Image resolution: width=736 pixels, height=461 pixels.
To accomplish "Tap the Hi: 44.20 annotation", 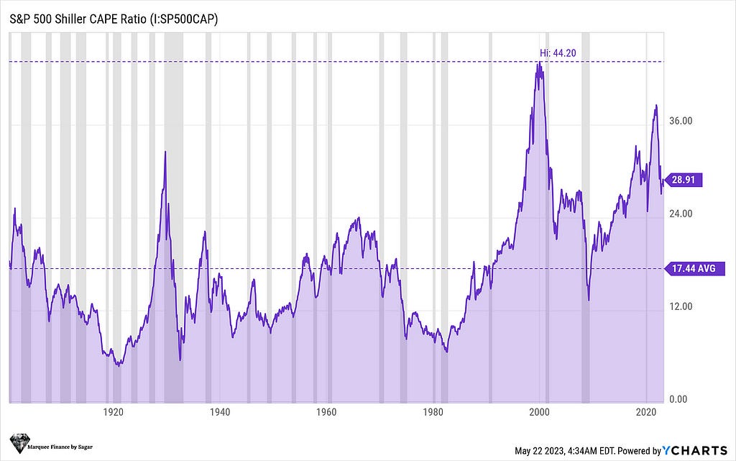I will [x=554, y=53].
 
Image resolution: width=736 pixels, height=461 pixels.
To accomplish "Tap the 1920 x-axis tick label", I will [x=112, y=413].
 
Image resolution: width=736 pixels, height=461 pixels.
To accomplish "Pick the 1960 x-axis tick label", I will [x=326, y=413].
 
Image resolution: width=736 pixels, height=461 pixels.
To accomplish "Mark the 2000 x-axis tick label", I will [x=540, y=413].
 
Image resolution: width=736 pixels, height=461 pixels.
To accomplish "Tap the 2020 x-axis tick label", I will [x=647, y=413].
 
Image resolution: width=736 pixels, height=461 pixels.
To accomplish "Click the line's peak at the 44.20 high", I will [x=538, y=63].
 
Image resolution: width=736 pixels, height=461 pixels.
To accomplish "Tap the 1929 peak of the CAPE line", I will [x=165, y=152].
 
